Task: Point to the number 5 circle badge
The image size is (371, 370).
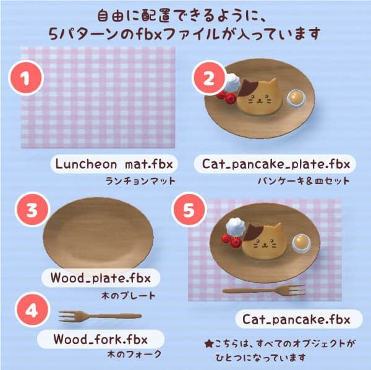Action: (x=190, y=211)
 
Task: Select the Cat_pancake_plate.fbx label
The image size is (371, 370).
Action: (x=276, y=164)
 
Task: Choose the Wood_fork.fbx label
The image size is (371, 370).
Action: (x=100, y=339)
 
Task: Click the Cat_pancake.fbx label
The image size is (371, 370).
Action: (x=296, y=319)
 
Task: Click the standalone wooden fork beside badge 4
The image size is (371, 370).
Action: (x=99, y=316)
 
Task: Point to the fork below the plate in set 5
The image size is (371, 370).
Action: (x=263, y=290)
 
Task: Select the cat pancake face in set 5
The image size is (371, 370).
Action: (x=263, y=242)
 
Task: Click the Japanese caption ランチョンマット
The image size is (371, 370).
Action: (x=140, y=182)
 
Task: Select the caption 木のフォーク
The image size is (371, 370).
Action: (x=131, y=355)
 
